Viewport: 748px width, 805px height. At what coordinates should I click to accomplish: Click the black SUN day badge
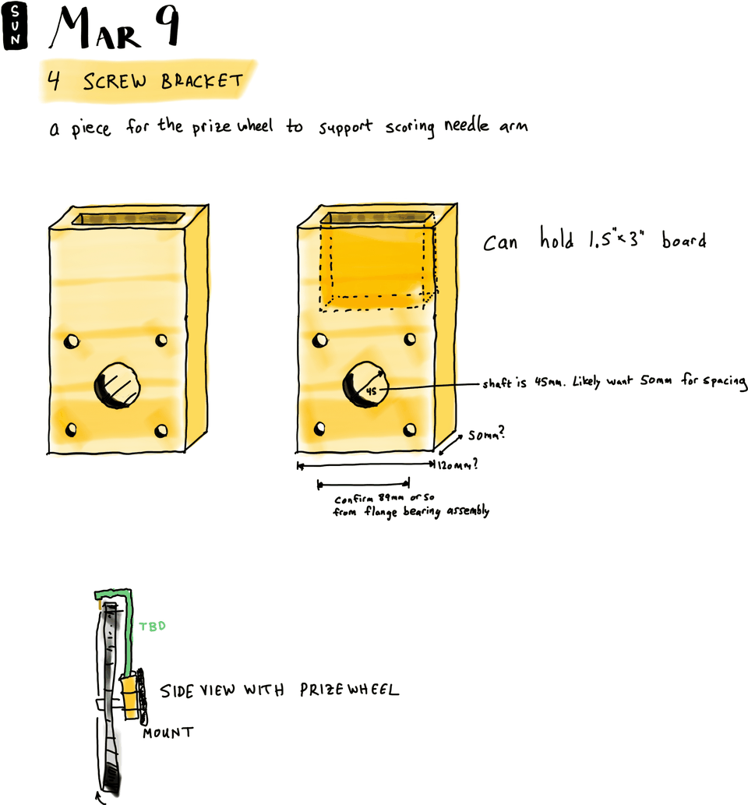(x=15, y=26)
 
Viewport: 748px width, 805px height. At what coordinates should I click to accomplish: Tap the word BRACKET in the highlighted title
(x=202, y=80)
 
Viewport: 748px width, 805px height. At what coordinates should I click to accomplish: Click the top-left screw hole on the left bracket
(x=72, y=341)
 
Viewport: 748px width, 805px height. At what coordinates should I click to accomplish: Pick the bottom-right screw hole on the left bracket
(x=161, y=430)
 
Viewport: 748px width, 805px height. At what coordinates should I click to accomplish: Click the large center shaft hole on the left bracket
(x=117, y=386)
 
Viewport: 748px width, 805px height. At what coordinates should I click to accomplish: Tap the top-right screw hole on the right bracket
(x=410, y=339)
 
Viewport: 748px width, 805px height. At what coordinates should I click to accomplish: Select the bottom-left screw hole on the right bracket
(x=319, y=428)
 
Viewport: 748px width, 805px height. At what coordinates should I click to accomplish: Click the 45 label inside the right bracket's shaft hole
(x=371, y=391)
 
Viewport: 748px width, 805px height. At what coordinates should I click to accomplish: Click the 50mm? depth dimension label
(x=486, y=434)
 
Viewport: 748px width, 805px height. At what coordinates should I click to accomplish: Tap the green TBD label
(x=153, y=626)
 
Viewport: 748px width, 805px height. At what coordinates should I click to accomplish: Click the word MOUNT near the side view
(x=168, y=733)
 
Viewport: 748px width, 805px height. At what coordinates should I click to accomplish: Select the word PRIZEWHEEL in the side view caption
(x=349, y=690)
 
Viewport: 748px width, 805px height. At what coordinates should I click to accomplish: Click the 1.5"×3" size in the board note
(x=616, y=238)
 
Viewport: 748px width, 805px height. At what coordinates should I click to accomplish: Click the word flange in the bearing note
(x=380, y=511)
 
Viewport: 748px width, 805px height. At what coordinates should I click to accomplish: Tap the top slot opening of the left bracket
(x=128, y=219)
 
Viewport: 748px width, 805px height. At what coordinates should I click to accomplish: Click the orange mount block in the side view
(x=130, y=697)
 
